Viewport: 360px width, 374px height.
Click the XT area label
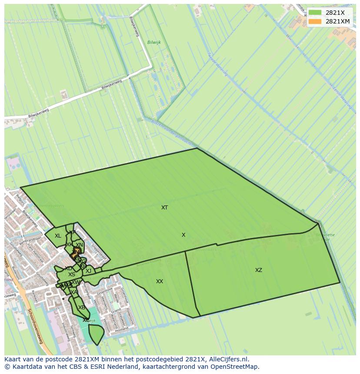tap(164, 208)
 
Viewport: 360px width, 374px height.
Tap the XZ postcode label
tap(259, 270)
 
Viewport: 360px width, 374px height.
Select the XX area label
tap(160, 281)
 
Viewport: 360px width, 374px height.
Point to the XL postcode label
tap(58, 236)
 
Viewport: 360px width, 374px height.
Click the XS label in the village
tap(72, 275)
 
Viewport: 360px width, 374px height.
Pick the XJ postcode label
tap(88, 271)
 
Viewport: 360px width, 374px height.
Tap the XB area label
tap(81, 308)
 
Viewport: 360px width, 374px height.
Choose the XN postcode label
tap(79, 245)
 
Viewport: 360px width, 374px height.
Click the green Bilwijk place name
tap(154, 43)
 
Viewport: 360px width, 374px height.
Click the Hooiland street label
tap(122, 329)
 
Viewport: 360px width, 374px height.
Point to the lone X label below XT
tap(183, 235)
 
